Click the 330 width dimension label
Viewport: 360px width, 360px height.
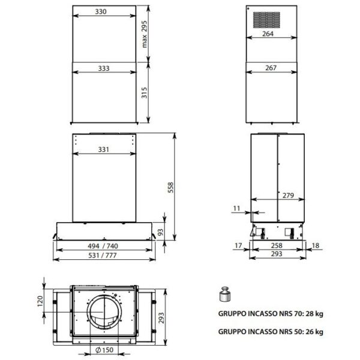point(101,11)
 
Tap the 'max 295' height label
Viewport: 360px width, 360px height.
point(144,34)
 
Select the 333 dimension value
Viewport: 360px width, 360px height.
point(104,68)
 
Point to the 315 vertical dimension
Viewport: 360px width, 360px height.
point(144,92)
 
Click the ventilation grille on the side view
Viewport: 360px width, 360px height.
point(266,20)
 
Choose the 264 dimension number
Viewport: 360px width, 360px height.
point(268,34)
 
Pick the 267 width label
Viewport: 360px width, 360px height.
point(271,68)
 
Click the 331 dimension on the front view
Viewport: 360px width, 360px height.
point(104,149)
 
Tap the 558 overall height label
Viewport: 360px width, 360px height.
point(170,188)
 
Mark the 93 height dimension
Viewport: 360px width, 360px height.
point(161,232)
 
